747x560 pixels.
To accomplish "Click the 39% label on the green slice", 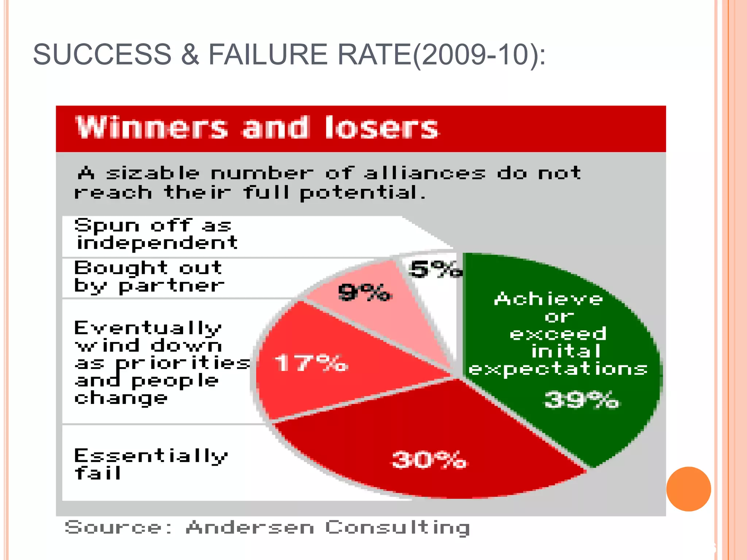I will pos(581,400).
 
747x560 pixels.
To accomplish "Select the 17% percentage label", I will pos(311,363).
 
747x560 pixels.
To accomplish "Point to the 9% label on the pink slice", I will pos(364,292).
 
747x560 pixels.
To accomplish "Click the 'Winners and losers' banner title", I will pos(257,128).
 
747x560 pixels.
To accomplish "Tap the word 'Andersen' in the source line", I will pos(250,527).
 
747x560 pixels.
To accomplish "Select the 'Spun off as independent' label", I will pos(156,234).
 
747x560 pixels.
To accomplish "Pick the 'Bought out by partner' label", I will pos(149,277).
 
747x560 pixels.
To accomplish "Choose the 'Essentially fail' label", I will pos(151,464).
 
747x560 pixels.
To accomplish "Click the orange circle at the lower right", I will pos(688,489).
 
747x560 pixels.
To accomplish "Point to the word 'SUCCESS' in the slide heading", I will pos(102,55).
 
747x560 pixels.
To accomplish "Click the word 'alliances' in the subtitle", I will pos(425,173).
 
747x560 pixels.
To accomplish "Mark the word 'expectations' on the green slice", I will pos(558,369).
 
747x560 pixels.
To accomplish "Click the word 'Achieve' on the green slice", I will pos(548,299).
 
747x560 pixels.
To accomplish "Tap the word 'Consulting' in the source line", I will pos(397,528).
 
